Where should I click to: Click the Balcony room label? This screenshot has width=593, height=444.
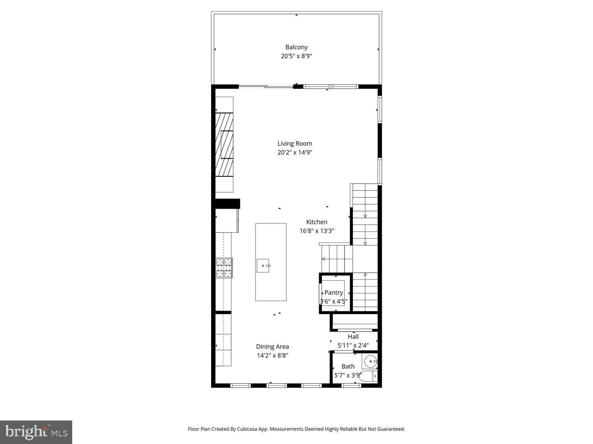tap(296, 47)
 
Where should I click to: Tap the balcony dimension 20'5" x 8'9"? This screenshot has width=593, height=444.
tap(296, 56)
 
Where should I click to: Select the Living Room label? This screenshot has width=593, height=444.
tap(295, 143)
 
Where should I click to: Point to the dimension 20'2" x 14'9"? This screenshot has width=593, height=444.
tap(295, 153)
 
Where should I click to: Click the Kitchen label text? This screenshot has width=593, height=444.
tap(317, 222)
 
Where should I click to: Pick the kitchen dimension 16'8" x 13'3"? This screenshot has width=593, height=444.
tap(317, 231)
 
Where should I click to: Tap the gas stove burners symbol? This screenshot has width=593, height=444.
tap(224, 267)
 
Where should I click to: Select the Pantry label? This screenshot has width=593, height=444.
tap(334, 293)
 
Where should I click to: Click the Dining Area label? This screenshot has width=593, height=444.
tap(272, 346)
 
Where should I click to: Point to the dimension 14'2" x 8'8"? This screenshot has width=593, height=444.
tap(272, 356)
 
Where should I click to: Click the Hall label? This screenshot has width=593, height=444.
tap(353, 336)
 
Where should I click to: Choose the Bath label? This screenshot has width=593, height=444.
tap(348, 367)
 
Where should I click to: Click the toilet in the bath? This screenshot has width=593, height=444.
tap(368, 377)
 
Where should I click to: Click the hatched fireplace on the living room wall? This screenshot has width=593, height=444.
tap(224, 145)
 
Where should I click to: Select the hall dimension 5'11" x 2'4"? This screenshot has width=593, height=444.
tap(353, 346)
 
